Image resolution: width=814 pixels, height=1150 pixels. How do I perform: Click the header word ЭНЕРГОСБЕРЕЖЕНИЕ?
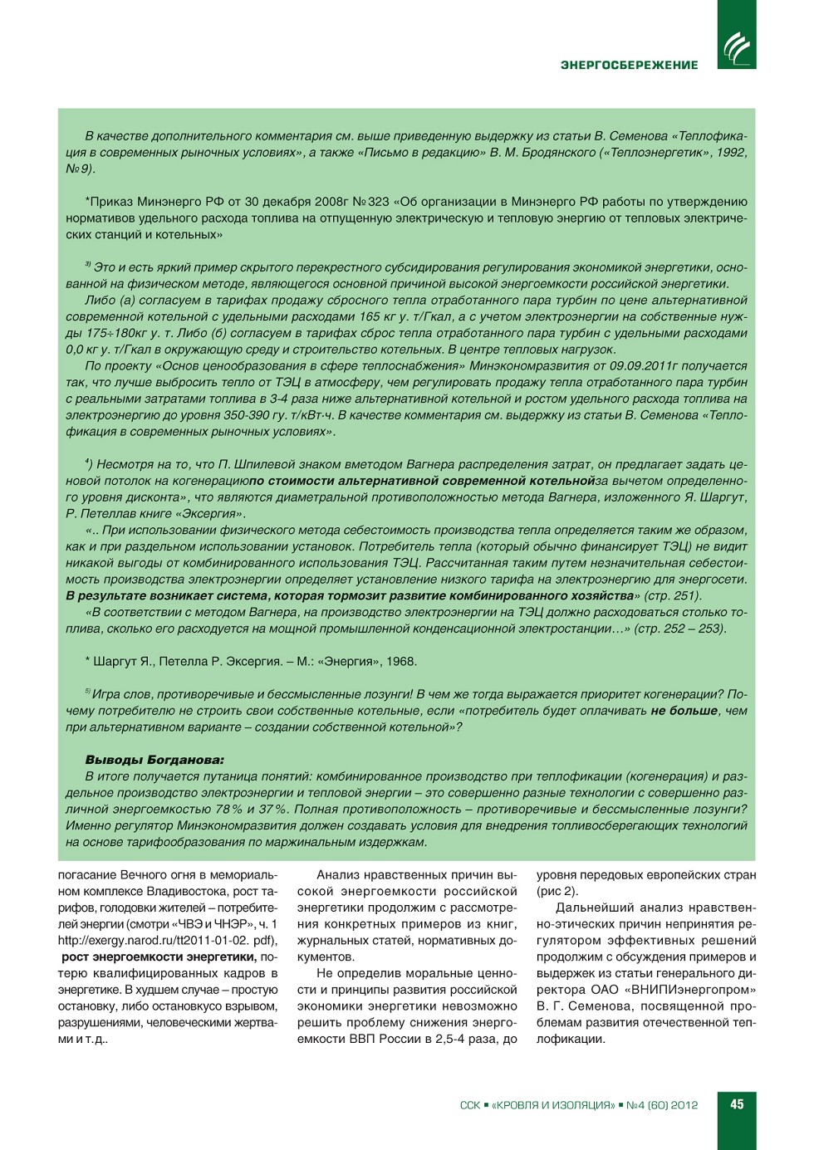pyautogui.click(x=629, y=65)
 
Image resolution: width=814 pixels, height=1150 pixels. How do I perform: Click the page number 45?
pyautogui.click(x=737, y=1104)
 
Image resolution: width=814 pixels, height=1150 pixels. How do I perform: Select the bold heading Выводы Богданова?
pyautogui.click(x=154, y=760)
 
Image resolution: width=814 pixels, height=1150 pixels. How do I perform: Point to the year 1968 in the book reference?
pyautogui.click(x=401, y=662)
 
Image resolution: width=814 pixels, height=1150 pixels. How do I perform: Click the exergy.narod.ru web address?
pyautogui.click(x=167, y=941)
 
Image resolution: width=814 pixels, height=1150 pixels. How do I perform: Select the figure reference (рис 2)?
pyautogui.click(x=557, y=892)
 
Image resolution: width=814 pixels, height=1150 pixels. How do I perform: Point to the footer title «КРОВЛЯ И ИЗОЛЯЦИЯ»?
pyautogui.click(x=553, y=1105)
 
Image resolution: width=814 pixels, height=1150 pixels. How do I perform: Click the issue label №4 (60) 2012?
pyautogui.click(x=662, y=1105)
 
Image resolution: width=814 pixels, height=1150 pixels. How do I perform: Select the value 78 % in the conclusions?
pyautogui.click(x=228, y=810)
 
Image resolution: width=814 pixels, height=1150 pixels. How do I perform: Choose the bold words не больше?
pyautogui.click(x=684, y=711)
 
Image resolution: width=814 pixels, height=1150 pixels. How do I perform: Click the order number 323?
pyautogui.click(x=379, y=202)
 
